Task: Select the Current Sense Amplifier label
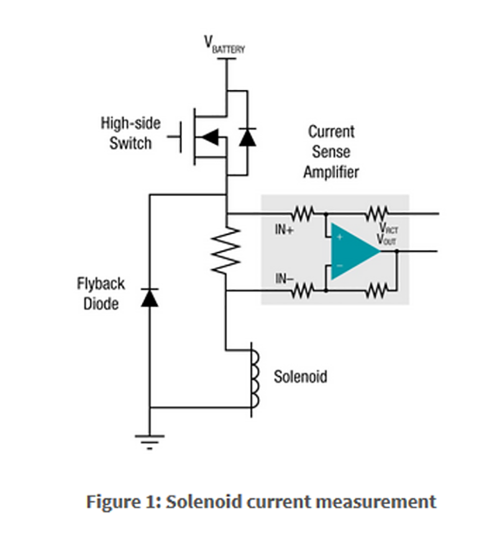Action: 331,152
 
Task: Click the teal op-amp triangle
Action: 352,251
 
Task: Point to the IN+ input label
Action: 285,229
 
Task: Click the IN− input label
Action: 285,279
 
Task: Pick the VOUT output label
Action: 386,239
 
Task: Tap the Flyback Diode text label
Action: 101,294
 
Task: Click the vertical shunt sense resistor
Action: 226,250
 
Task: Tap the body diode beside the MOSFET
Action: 247,137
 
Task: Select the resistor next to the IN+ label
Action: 302,213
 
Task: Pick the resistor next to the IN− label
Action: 302,290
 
